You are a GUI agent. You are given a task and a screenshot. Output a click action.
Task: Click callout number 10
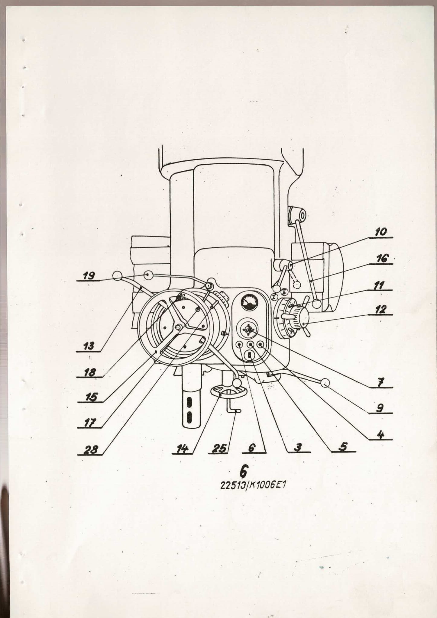(x=381, y=232)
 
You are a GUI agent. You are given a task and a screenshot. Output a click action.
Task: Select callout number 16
(x=382, y=259)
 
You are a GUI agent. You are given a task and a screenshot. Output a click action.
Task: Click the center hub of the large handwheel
(x=178, y=327)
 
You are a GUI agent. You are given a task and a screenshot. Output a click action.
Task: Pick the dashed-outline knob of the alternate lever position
(x=297, y=285)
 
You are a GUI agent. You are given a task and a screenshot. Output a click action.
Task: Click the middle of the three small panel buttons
(x=250, y=345)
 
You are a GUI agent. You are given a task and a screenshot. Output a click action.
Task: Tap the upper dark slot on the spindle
(x=189, y=402)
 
